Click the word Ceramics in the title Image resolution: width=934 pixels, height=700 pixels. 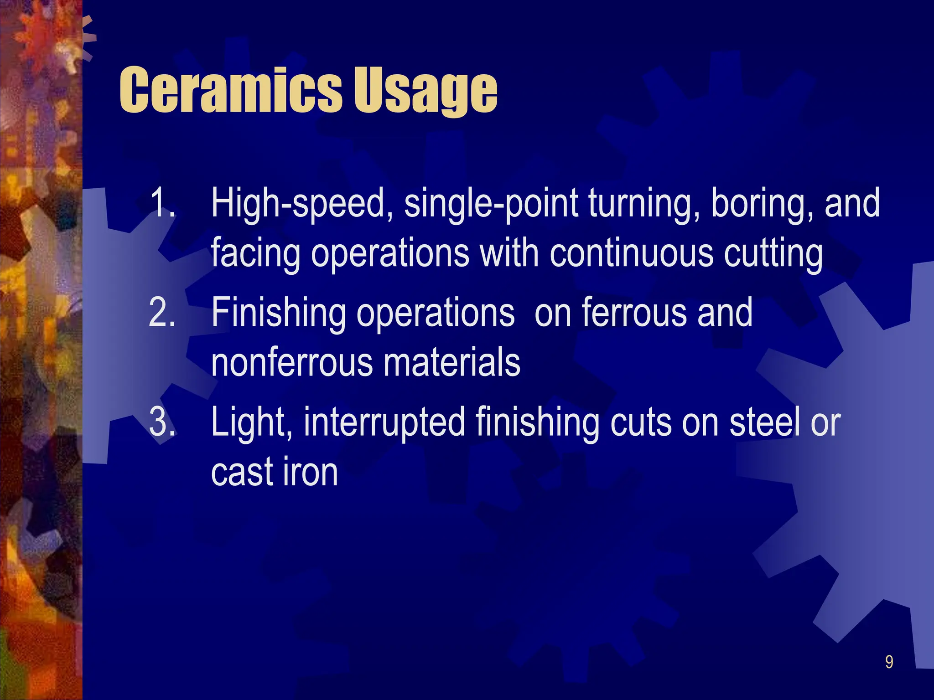[x=230, y=90]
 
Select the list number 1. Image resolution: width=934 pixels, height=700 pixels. [x=162, y=203]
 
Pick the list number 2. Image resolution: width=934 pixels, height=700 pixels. [x=162, y=313]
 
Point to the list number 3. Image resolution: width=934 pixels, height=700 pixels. [x=162, y=422]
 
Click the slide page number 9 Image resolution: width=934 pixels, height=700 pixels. [x=889, y=662]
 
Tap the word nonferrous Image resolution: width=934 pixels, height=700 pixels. [x=292, y=363]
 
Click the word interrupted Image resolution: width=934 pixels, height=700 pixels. [x=384, y=423]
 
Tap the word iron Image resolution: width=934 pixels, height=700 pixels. [x=310, y=472]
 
